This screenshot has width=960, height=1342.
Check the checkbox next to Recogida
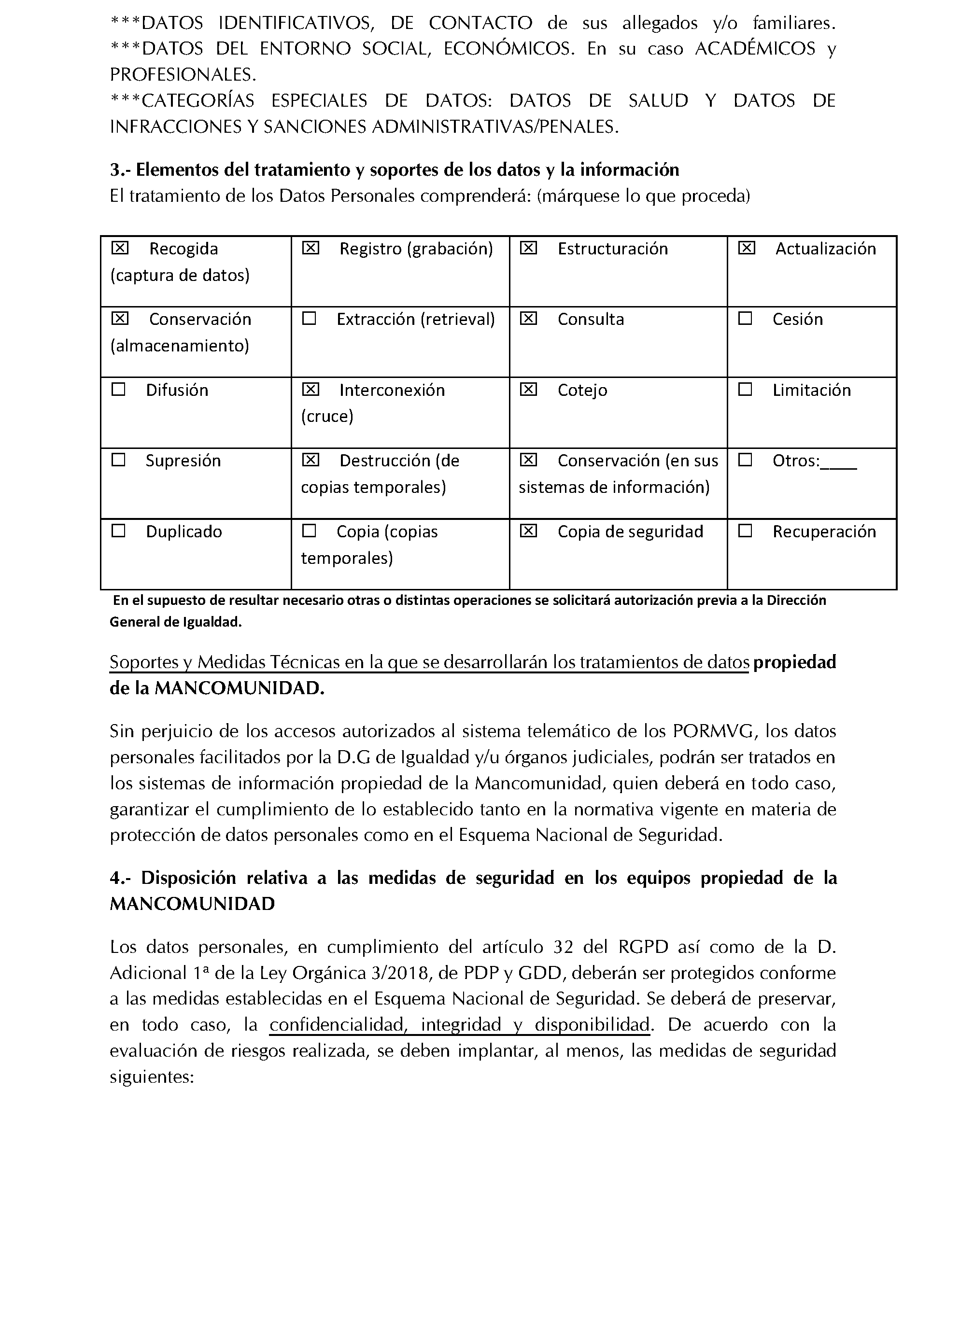pos(119,248)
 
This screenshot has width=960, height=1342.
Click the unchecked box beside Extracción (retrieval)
pos(309,319)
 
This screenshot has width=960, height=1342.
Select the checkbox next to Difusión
pos(119,390)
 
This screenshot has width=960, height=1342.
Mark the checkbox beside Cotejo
pos(528,390)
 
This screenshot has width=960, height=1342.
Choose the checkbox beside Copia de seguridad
pos(528,531)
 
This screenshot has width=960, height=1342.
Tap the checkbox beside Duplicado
pos(119,531)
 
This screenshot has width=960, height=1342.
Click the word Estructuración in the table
pos(612,249)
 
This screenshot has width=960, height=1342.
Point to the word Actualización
pos(825,249)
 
